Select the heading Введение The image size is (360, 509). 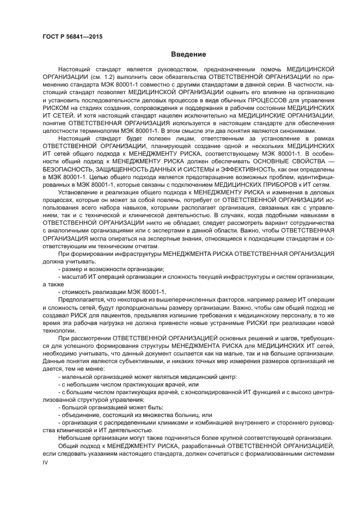pos(188,54)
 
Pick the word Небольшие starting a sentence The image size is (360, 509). pos(75,437)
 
